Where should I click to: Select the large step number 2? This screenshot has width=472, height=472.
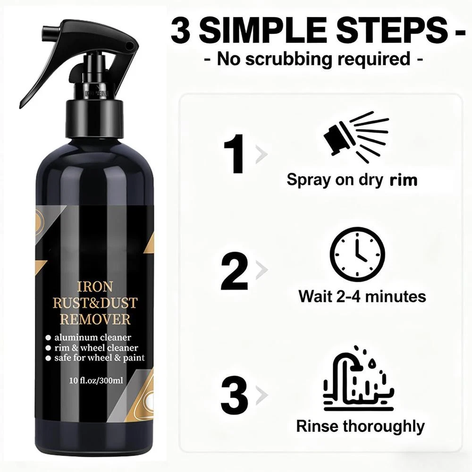(x=235, y=271)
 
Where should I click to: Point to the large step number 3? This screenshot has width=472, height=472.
(x=235, y=395)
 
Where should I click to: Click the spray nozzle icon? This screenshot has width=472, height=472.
(x=356, y=137)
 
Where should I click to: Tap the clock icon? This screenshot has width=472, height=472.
(x=357, y=254)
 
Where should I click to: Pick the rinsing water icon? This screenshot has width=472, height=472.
(x=359, y=378)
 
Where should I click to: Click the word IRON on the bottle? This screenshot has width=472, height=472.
(x=95, y=287)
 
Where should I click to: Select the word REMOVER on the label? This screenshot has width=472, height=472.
(x=95, y=320)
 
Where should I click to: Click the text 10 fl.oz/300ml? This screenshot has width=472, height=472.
(x=96, y=380)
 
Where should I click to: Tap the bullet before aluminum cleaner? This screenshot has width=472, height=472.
(x=48, y=338)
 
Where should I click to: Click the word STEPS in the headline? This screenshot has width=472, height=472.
(x=391, y=30)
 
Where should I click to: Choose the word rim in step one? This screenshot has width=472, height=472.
(x=404, y=180)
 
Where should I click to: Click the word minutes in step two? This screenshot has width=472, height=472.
(x=396, y=296)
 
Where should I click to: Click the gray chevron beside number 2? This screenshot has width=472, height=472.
(x=261, y=270)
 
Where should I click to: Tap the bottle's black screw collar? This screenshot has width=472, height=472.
(x=94, y=119)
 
